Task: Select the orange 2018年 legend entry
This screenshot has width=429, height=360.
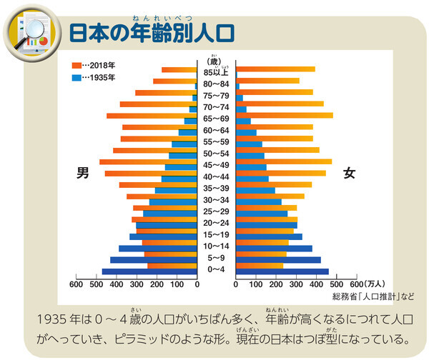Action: (x=94, y=66)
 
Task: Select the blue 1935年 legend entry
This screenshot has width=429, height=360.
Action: (x=94, y=78)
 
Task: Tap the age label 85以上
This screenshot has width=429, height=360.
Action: (x=217, y=71)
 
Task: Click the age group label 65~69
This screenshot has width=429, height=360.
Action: (x=217, y=118)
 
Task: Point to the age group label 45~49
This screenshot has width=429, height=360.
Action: (x=217, y=165)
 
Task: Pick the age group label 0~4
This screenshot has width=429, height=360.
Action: (x=217, y=269)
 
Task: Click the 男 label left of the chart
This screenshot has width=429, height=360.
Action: (x=83, y=173)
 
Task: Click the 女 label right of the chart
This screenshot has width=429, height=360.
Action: (x=350, y=173)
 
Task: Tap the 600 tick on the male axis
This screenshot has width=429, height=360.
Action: (x=75, y=284)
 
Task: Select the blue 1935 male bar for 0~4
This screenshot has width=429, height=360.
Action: (x=149, y=271)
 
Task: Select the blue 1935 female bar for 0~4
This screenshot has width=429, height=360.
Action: (x=282, y=271)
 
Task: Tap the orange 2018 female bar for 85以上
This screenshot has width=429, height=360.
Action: (x=276, y=69)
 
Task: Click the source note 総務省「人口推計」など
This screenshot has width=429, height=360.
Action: (x=371, y=296)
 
